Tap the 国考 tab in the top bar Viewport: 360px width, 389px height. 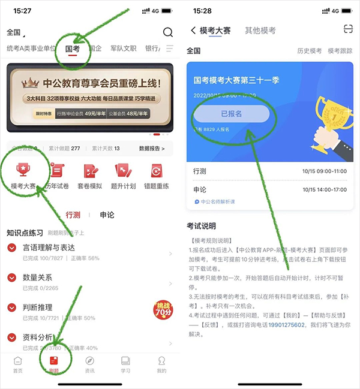tap(73, 49)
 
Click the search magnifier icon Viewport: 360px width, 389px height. tap(167, 32)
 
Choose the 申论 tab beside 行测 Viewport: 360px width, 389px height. tap(107, 215)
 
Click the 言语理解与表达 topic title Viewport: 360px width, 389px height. tap(49, 247)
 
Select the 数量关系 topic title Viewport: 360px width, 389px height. tap(37, 277)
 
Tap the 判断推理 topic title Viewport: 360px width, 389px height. tap(37, 307)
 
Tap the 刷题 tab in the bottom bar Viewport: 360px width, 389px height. tap(54, 364)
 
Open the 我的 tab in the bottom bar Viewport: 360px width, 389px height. tap(161, 364)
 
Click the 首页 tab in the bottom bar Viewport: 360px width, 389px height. tap(18, 364)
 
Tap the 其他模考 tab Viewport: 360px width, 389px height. tap(260, 31)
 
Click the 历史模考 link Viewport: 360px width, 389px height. tap(310, 51)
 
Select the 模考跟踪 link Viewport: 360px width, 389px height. tap(340, 51)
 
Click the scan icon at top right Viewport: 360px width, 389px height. tap(347, 30)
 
